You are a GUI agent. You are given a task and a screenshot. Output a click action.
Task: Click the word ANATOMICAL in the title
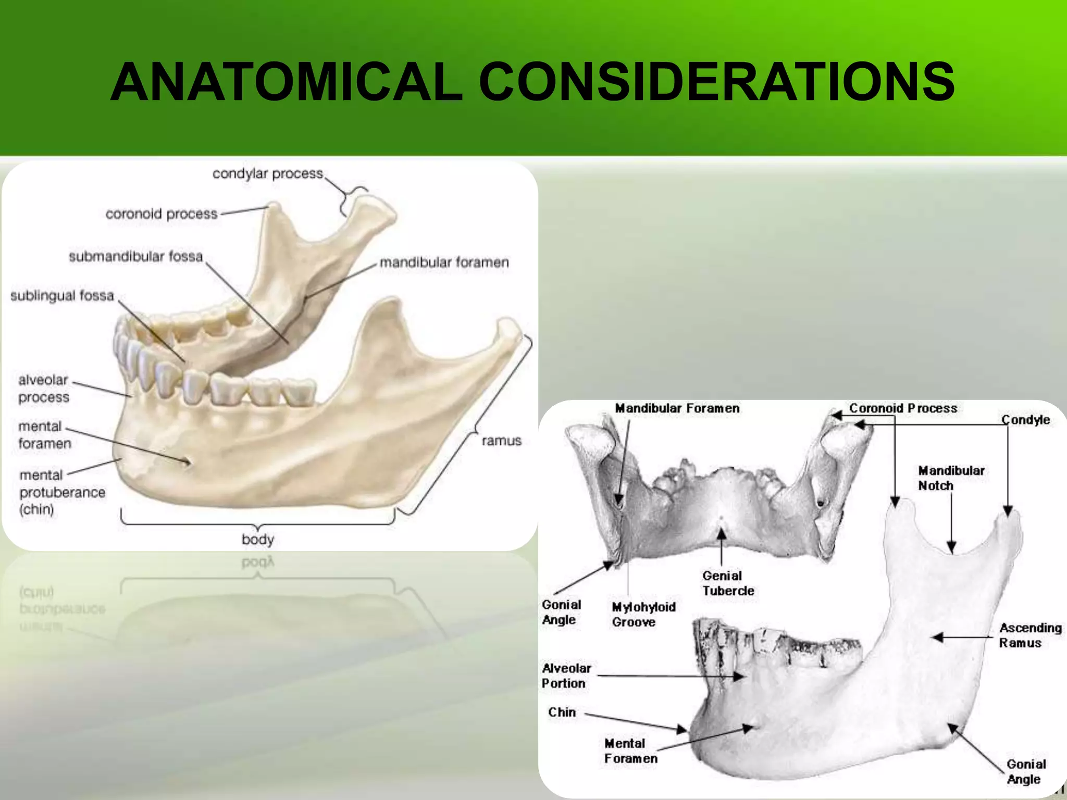pyautogui.click(x=286, y=82)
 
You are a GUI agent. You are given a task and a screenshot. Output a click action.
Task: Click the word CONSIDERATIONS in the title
pyautogui.click(x=716, y=82)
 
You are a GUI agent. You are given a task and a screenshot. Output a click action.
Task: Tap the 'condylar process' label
pyautogui.click(x=268, y=173)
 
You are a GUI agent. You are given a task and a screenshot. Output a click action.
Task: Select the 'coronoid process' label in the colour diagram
pyautogui.click(x=162, y=214)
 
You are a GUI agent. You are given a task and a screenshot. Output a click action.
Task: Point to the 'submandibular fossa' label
pyautogui.click(x=136, y=256)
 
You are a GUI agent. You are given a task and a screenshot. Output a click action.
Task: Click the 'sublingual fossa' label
pyautogui.click(x=62, y=296)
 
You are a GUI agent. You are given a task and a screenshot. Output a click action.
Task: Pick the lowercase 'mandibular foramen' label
pyautogui.click(x=444, y=262)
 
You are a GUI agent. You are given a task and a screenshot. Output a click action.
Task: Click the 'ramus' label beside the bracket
pyautogui.click(x=501, y=441)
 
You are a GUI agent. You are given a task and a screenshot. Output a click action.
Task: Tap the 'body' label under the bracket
pyautogui.click(x=257, y=539)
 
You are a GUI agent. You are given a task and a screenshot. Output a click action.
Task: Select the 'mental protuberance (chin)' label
pyautogui.click(x=61, y=492)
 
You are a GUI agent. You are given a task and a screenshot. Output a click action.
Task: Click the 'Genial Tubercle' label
pyautogui.click(x=728, y=583)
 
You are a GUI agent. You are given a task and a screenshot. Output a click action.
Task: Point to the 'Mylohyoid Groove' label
pyautogui.click(x=643, y=615)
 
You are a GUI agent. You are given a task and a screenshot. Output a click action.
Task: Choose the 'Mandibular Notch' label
pyautogui.click(x=951, y=478)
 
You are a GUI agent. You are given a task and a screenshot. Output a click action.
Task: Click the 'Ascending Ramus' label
pyautogui.click(x=1030, y=635)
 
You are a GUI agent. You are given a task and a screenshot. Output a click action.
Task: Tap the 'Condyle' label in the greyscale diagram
pyautogui.click(x=1025, y=420)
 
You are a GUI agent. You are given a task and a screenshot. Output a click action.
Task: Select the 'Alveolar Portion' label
pyautogui.click(x=566, y=676)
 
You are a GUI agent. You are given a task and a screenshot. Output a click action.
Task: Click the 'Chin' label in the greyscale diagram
pyautogui.click(x=562, y=712)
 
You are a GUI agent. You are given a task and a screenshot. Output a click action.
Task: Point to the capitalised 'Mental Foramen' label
pyautogui.click(x=630, y=751)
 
